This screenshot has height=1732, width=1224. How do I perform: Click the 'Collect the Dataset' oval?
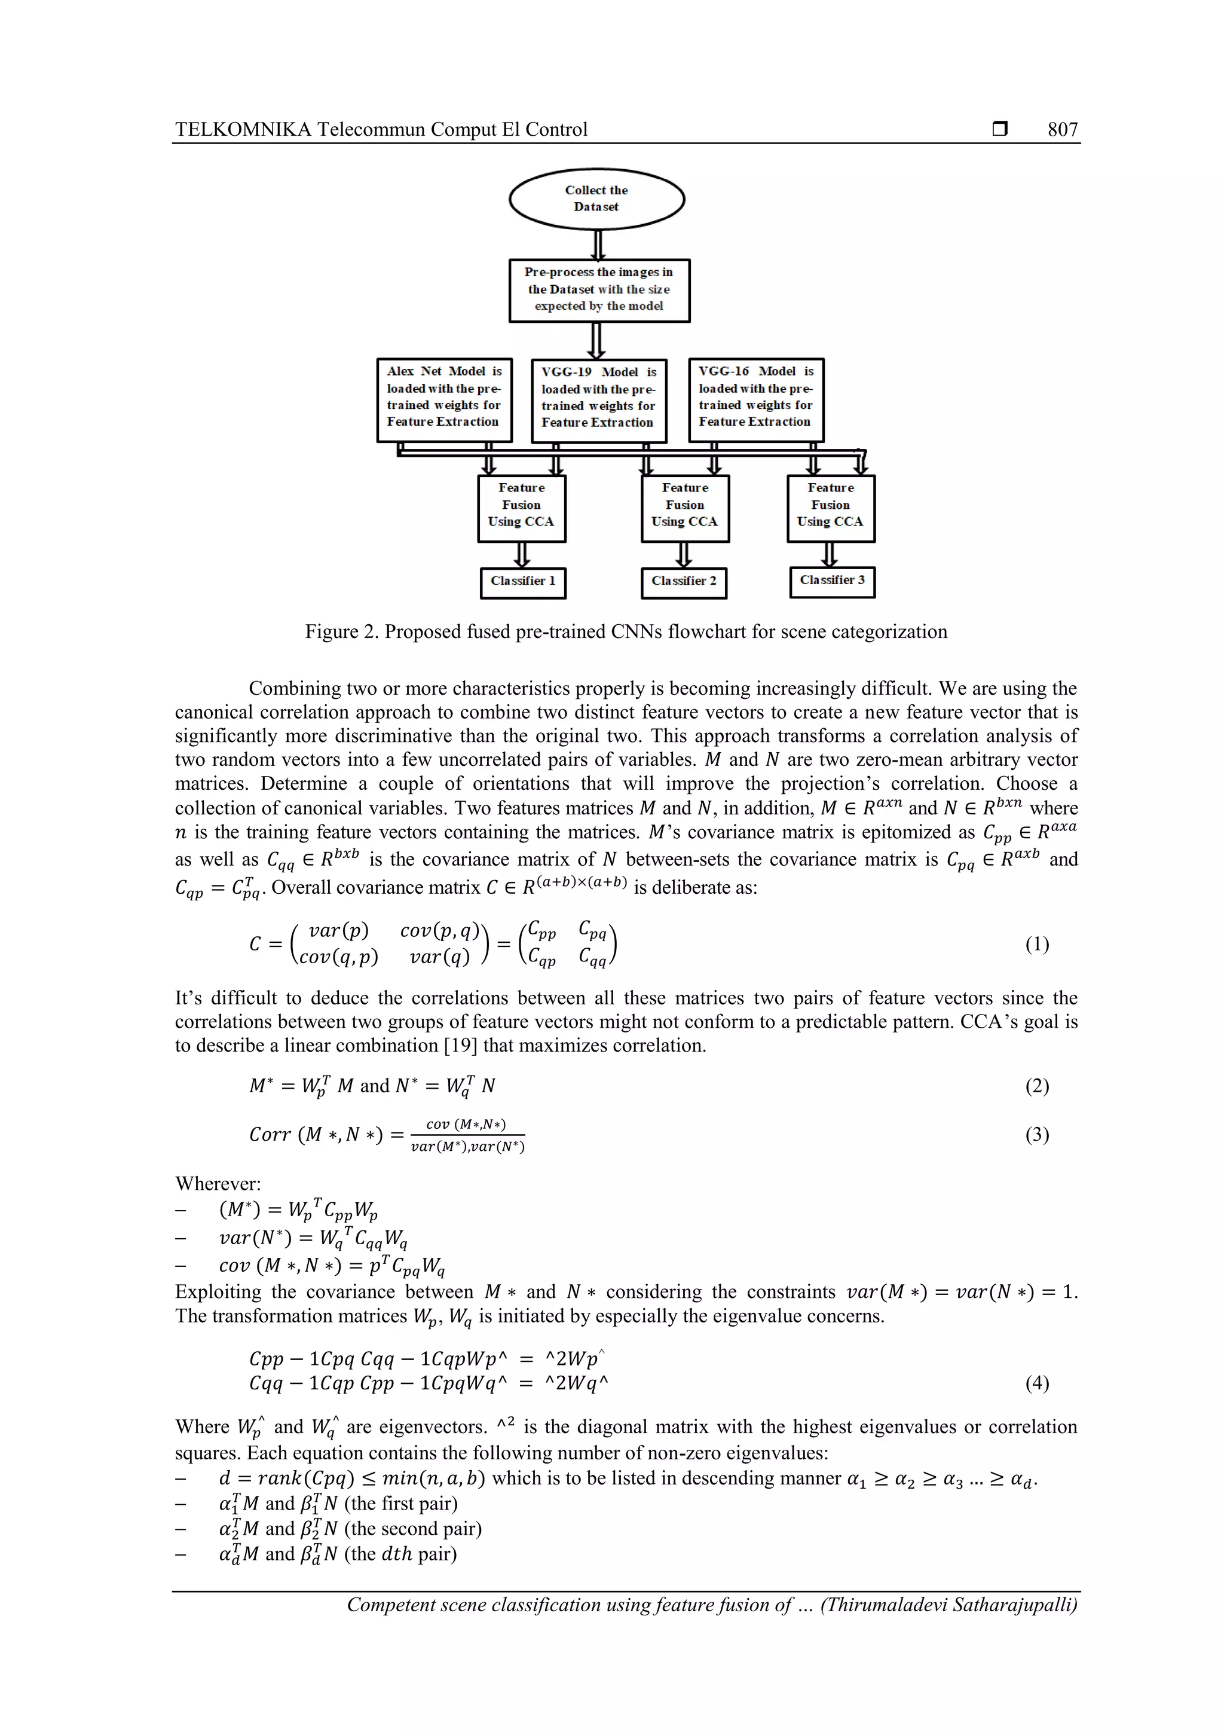tap(596, 198)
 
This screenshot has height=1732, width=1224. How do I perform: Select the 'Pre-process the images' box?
tap(599, 290)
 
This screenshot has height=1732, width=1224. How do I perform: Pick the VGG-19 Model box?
tap(598, 400)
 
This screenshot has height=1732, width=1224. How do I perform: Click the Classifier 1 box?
tap(522, 582)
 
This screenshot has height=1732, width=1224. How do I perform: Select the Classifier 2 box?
tap(683, 582)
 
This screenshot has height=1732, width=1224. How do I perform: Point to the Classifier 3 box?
tap(832, 581)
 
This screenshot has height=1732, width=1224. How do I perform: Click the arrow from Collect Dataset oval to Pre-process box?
tap(597, 245)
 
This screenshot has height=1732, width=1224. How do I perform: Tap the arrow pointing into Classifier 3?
tap(830, 554)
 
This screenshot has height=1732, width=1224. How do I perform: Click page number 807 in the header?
tap(1062, 130)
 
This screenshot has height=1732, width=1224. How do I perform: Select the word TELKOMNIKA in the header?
tap(243, 130)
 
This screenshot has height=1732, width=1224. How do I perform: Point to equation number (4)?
tap(1036, 1383)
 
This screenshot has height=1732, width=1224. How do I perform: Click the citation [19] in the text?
tap(461, 1046)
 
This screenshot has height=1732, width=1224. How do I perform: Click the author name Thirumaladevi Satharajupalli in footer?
tap(948, 1605)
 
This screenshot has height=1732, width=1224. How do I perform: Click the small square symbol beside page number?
tap(999, 129)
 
